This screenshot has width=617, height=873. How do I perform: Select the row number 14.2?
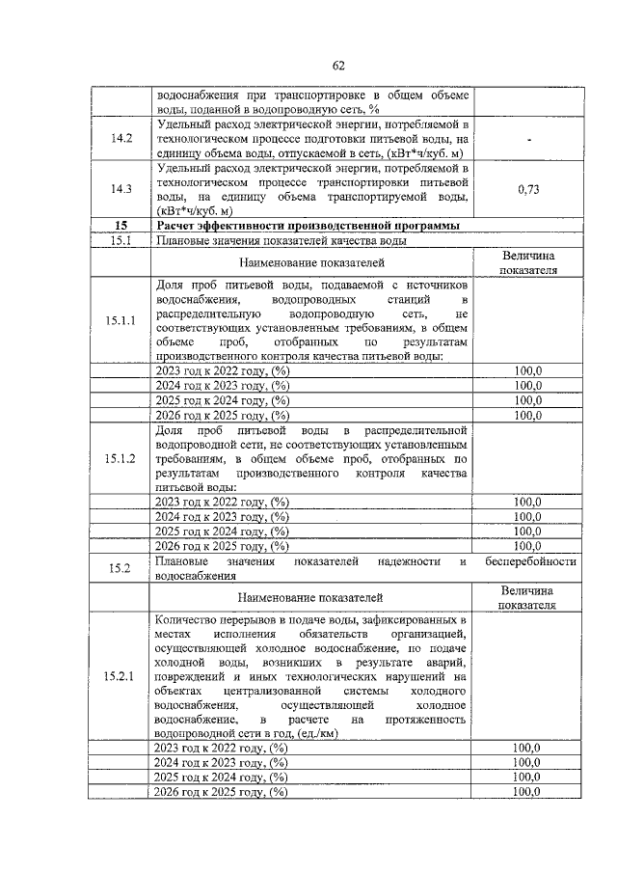coord(121,139)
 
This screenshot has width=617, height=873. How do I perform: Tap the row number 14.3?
coord(121,190)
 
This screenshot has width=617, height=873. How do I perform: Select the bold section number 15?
coord(121,226)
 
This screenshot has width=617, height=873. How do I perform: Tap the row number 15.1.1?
coord(121,320)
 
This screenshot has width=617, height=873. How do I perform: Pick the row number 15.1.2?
coord(121,458)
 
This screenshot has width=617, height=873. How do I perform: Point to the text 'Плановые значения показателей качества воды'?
coord(268,240)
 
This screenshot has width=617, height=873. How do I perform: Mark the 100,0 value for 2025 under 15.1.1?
coord(527,400)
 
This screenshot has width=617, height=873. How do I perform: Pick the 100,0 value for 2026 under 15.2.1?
coord(527,791)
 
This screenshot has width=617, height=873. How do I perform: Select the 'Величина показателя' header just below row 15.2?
coord(527,597)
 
